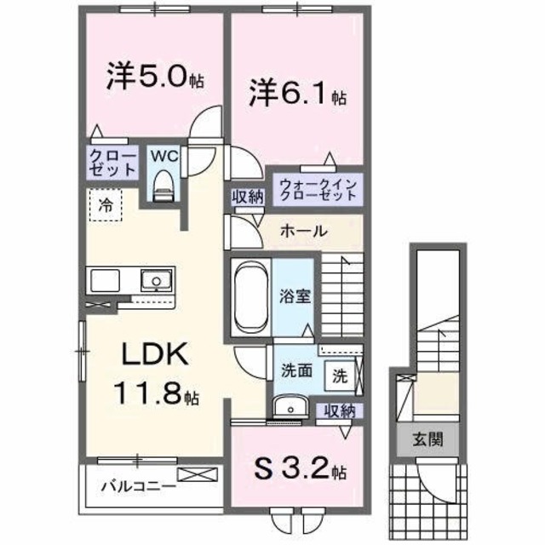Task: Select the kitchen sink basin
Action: pos(154,279)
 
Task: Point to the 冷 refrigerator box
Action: pos(106,204)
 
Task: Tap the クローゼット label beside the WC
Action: pos(112,162)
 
